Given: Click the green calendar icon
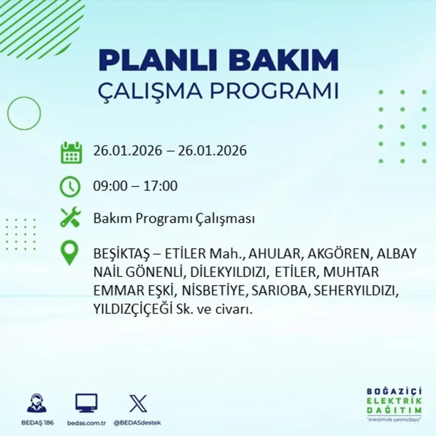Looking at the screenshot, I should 71,152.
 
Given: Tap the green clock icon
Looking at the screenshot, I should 70,187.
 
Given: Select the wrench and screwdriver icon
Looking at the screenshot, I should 70,218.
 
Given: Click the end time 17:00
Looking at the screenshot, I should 160,186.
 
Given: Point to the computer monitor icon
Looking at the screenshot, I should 87,403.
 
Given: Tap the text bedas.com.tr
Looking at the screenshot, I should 87,423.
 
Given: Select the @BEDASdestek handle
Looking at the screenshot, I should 137,423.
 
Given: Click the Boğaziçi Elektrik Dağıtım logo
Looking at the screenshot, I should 394,404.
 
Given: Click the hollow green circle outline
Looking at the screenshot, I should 24,113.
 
